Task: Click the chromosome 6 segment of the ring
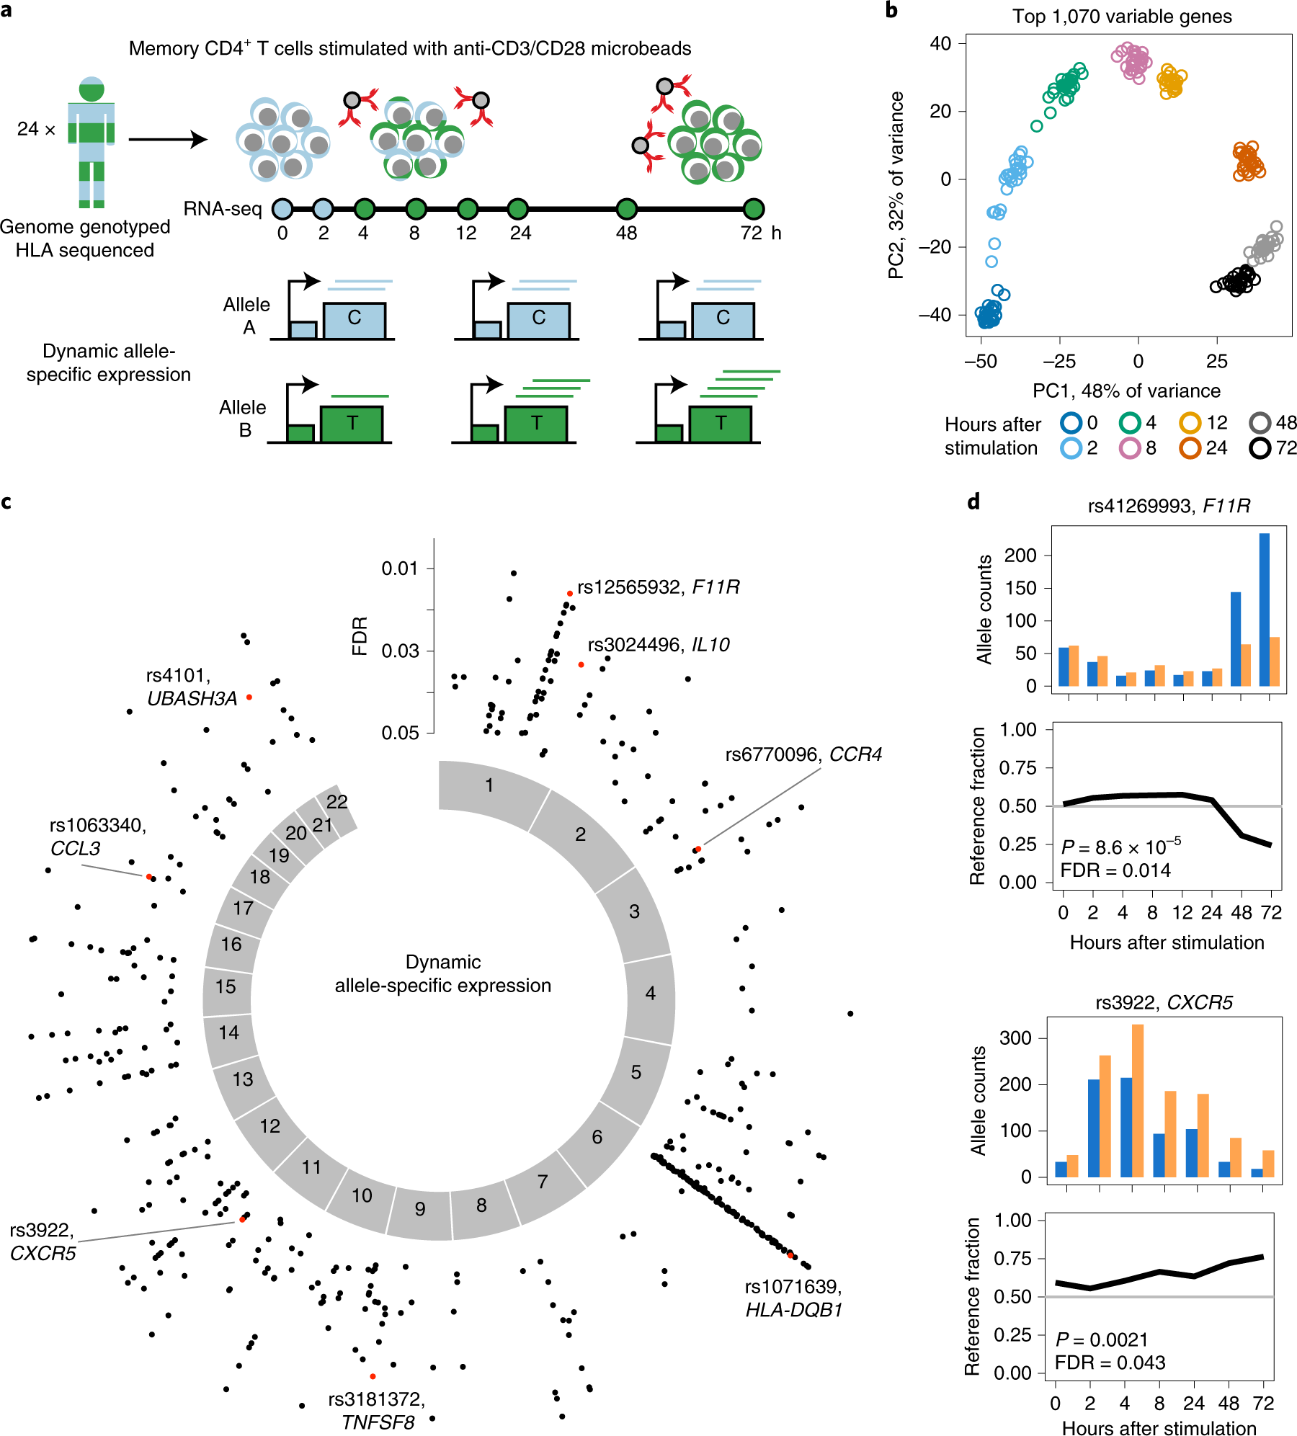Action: point(597,1136)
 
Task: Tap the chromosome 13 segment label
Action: point(243,1079)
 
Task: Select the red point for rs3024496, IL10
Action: point(581,664)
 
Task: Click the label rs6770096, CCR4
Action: point(803,754)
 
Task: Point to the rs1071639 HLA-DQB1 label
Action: point(793,1298)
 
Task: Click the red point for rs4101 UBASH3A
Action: point(249,697)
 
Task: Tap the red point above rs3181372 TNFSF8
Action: point(373,1376)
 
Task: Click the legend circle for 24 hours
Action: point(1190,448)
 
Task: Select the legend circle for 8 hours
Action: point(1130,448)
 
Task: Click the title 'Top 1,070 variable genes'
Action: point(1122,17)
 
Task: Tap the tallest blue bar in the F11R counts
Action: point(1264,609)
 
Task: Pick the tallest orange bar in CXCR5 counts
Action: point(1138,1100)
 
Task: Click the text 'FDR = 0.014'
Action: point(1115,870)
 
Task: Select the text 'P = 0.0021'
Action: point(1101,1339)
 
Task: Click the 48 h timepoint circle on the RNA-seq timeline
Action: point(627,209)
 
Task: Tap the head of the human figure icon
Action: point(92,89)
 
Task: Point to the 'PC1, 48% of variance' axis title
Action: point(1126,391)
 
